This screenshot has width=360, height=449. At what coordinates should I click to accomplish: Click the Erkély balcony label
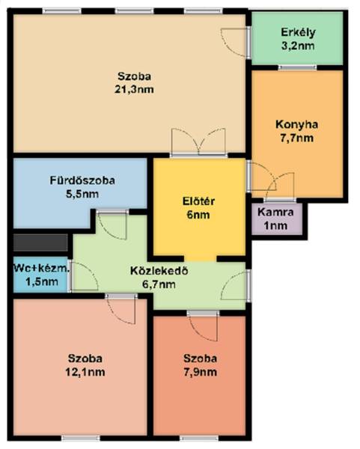[298, 32]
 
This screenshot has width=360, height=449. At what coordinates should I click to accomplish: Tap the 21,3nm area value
[134, 90]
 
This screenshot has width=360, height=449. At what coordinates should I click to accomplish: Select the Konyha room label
[296, 124]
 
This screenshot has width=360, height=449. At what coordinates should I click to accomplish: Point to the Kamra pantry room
[277, 219]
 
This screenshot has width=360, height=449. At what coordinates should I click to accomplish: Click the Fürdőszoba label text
[82, 180]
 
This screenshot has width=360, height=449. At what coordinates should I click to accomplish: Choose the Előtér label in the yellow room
[198, 201]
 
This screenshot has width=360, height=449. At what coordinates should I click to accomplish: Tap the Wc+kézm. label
[41, 269]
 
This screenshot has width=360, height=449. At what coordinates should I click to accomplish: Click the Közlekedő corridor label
[159, 271]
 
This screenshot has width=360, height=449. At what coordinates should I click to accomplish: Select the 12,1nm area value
[85, 372]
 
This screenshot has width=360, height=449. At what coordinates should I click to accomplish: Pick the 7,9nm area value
[200, 372]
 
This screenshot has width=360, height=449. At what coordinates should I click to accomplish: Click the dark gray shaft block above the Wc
[40, 242]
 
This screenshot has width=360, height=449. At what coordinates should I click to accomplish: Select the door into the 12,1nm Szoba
[121, 309]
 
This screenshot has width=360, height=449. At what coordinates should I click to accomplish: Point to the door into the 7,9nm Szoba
[203, 326]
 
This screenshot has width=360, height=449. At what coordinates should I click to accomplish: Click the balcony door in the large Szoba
[234, 43]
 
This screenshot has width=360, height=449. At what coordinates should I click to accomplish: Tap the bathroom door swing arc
[112, 226]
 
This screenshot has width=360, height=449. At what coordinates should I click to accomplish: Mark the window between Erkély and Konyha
[298, 68]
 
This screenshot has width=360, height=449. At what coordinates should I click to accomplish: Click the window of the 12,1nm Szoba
[81, 439]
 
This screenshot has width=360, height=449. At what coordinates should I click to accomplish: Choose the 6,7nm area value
[159, 284]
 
